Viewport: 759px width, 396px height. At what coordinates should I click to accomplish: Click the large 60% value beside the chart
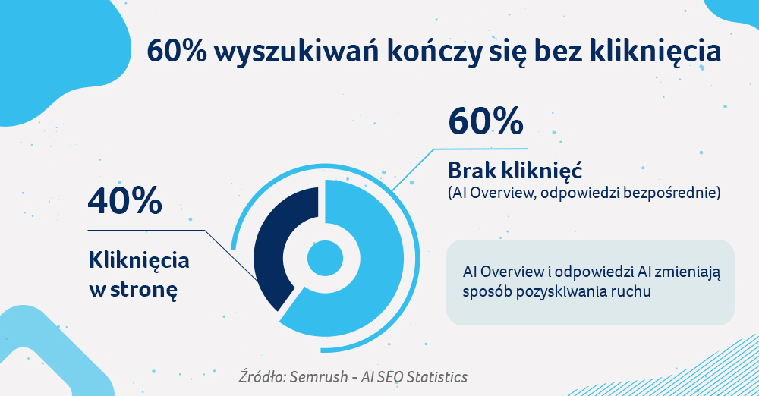[x=485, y=122]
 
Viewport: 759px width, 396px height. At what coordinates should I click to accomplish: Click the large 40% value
[x=125, y=201]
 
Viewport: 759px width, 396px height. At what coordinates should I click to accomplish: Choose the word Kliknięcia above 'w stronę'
[x=138, y=261]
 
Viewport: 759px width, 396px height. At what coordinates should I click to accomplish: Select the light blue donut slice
[x=372, y=281]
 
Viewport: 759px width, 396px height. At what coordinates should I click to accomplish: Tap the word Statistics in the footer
[x=437, y=377]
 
